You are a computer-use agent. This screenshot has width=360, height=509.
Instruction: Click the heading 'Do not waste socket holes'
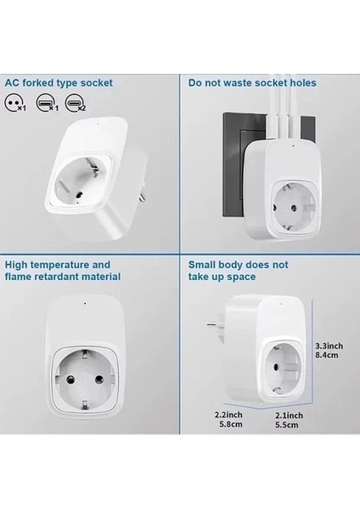(x=252, y=83)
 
